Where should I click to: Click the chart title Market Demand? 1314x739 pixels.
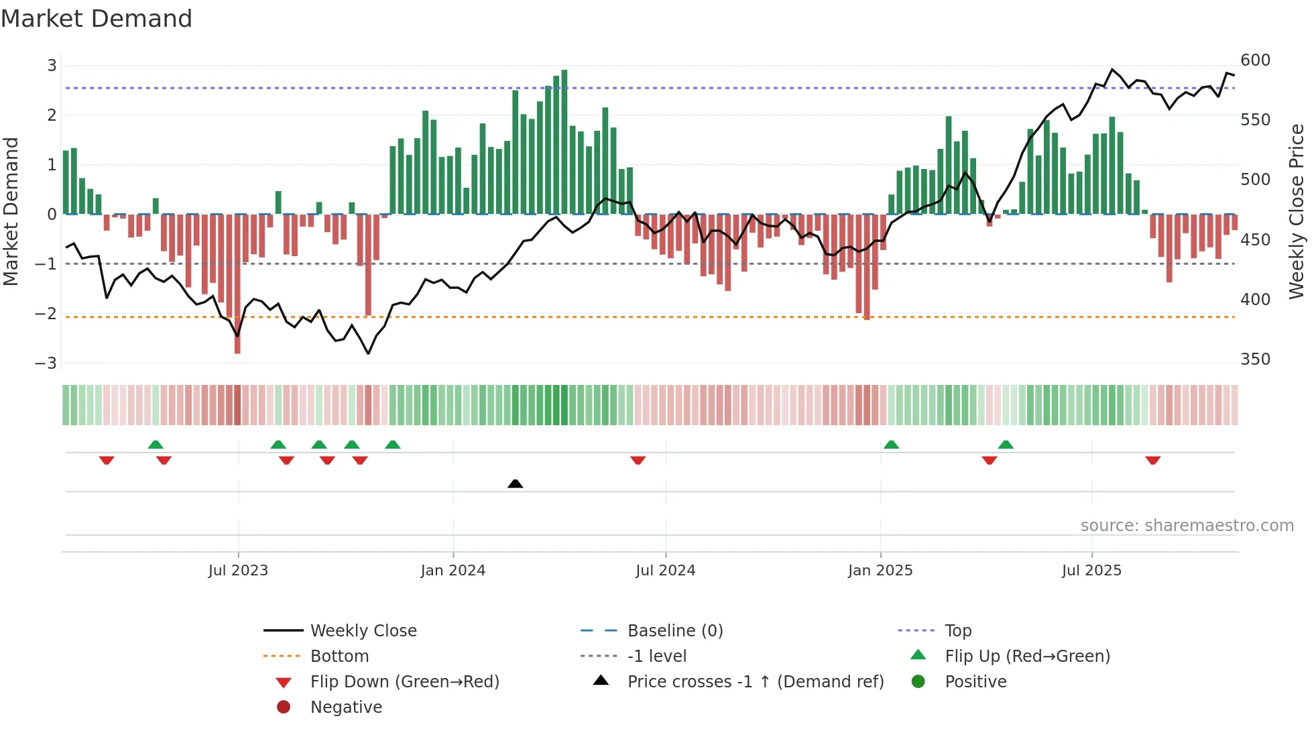click(x=97, y=19)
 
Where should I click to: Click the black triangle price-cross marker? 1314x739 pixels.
click(x=515, y=484)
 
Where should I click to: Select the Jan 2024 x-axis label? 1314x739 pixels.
click(x=453, y=571)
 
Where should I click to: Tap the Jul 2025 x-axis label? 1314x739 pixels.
click(x=1091, y=571)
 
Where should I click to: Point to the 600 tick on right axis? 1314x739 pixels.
click(x=1255, y=60)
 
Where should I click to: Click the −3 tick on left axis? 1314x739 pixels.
click(x=46, y=363)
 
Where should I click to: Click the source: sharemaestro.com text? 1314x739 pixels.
click(x=1187, y=526)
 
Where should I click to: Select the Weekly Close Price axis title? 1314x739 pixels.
click(x=1297, y=211)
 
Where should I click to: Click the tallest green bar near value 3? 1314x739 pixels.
click(x=564, y=141)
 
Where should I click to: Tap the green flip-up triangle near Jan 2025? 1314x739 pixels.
click(x=891, y=445)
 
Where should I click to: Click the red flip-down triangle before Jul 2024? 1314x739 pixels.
click(x=638, y=460)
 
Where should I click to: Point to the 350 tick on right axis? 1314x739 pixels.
click(x=1255, y=359)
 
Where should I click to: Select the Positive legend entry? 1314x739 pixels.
click(x=975, y=682)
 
